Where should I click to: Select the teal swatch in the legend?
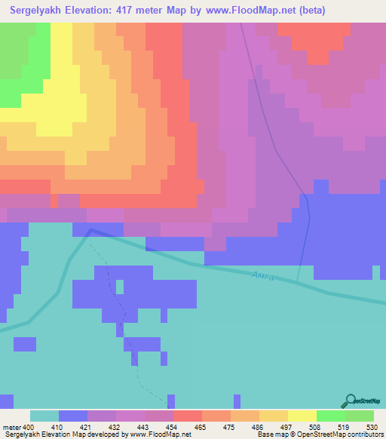pos(44,416)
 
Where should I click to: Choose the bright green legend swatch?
pos(331,416)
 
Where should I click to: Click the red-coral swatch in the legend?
pos(188,416)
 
